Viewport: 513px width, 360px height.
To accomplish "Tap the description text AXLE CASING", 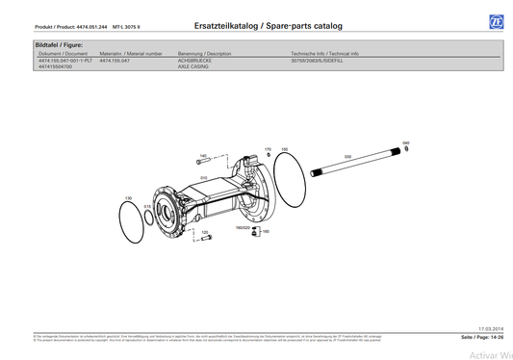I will (x=193, y=66).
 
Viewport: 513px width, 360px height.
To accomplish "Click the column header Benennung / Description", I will (x=205, y=53).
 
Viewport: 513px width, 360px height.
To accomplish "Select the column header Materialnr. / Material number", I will (x=131, y=53).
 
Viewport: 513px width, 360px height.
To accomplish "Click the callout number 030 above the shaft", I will (x=347, y=156).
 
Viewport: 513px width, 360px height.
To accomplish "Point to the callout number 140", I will (x=203, y=155).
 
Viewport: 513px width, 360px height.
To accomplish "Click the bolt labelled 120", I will (x=205, y=241).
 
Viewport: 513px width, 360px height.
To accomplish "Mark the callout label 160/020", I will (x=243, y=228).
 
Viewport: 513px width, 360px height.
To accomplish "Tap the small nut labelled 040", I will (x=406, y=148).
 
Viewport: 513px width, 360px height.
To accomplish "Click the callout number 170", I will (x=268, y=149).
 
